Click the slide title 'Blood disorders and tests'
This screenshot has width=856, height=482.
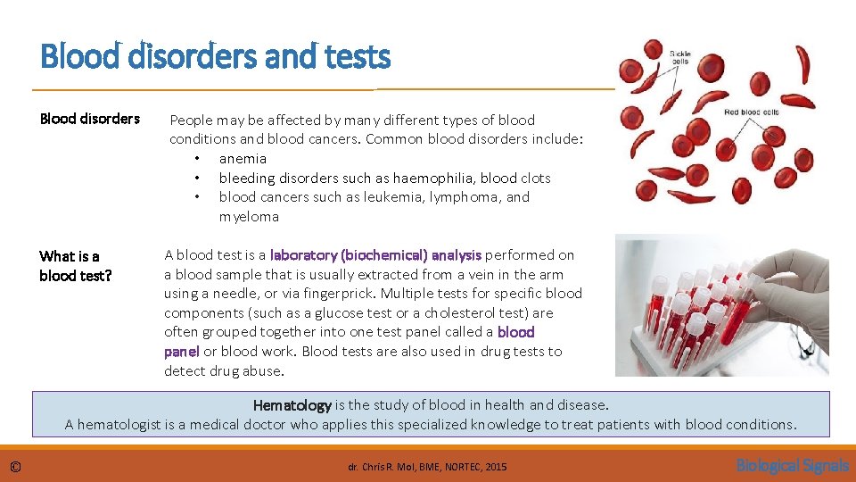tap(215, 58)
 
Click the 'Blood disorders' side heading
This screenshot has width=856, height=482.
tap(89, 119)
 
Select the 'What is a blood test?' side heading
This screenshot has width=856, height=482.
tap(75, 266)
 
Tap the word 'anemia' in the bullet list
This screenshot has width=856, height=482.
tap(243, 159)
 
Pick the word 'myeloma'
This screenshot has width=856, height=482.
tap(249, 217)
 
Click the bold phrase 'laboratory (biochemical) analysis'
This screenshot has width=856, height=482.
tap(375, 255)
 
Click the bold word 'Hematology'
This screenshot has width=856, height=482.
tap(292, 405)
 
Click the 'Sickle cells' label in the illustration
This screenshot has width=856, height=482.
tap(679, 57)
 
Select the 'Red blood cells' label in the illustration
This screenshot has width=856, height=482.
tap(752, 112)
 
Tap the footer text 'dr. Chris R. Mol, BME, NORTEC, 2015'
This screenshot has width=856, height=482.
tap(427, 466)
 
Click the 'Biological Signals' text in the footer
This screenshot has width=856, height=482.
tap(792, 465)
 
